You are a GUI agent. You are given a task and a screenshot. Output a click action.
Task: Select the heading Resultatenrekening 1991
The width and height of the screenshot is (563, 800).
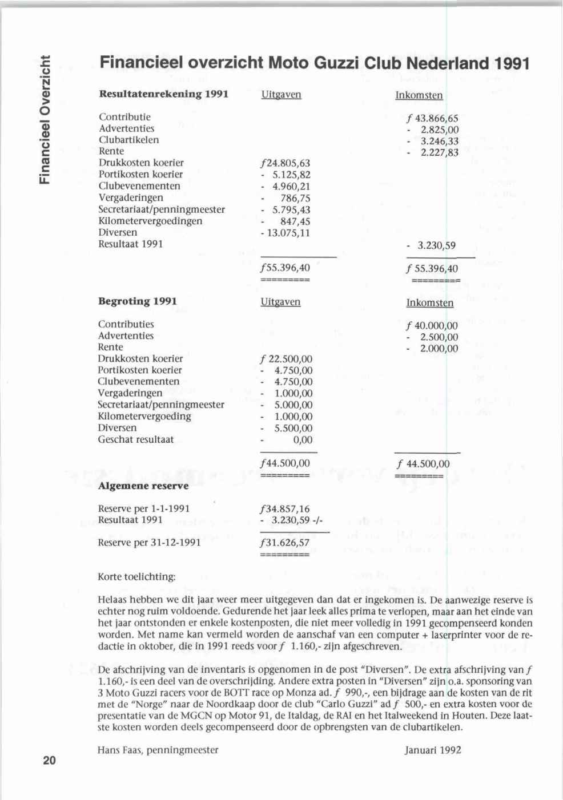coord(164,94)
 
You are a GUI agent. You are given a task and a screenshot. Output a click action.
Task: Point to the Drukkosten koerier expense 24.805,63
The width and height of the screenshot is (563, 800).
coord(285,163)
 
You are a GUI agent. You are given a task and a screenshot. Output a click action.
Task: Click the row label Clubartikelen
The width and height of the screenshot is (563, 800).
coord(129,140)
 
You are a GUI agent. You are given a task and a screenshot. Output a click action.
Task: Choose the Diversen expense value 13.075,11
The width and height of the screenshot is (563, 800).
coord(285,233)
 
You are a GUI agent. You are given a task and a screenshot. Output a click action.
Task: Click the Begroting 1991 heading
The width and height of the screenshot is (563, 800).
coord(138,301)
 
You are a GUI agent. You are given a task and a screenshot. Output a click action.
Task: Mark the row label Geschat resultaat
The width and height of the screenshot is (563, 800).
coord(136,439)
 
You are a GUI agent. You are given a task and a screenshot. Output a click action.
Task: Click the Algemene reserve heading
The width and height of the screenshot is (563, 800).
coord(143,486)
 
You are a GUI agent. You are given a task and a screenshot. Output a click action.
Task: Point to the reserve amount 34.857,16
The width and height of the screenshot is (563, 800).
coord(285,509)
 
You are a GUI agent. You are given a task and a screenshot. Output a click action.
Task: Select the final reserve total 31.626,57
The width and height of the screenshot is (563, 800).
coord(285,543)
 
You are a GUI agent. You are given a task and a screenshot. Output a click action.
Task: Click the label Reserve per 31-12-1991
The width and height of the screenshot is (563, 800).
coord(150,542)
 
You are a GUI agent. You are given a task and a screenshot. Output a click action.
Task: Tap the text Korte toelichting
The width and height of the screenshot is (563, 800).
coord(137,577)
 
